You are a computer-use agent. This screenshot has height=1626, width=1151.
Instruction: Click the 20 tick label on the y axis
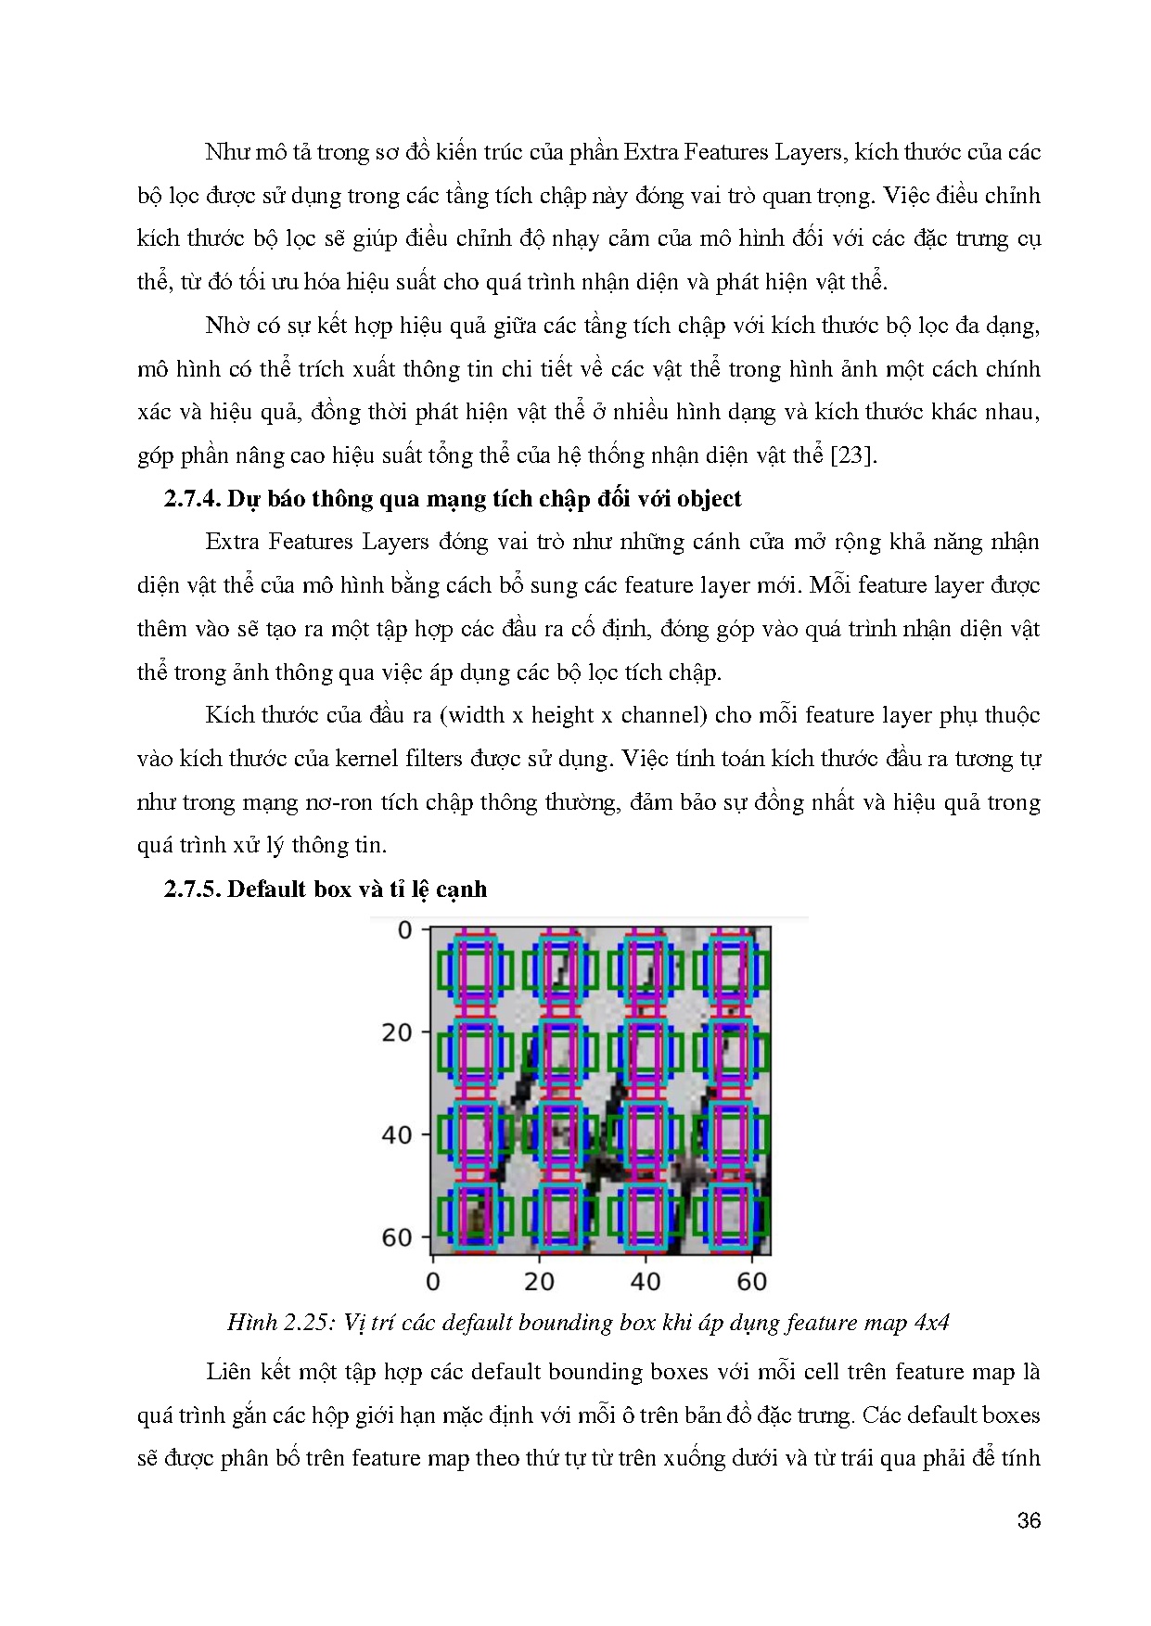click(396, 1032)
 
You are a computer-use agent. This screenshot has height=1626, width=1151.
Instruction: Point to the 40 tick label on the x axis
click(646, 1282)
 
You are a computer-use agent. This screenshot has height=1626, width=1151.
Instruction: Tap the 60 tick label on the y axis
click(396, 1237)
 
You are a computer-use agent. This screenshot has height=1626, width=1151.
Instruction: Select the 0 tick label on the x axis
click(433, 1282)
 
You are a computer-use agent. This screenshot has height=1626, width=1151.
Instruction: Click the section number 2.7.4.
click(192, 499)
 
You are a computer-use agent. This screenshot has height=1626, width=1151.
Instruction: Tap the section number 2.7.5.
click(192, 890)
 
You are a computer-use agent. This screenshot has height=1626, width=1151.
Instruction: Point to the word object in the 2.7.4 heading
click(709, 499)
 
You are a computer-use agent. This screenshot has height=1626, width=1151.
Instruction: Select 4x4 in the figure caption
click(931, 1323)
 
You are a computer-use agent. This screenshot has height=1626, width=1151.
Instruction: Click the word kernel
click(367, 759)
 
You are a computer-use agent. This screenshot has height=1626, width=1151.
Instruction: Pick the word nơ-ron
click(339, 802)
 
